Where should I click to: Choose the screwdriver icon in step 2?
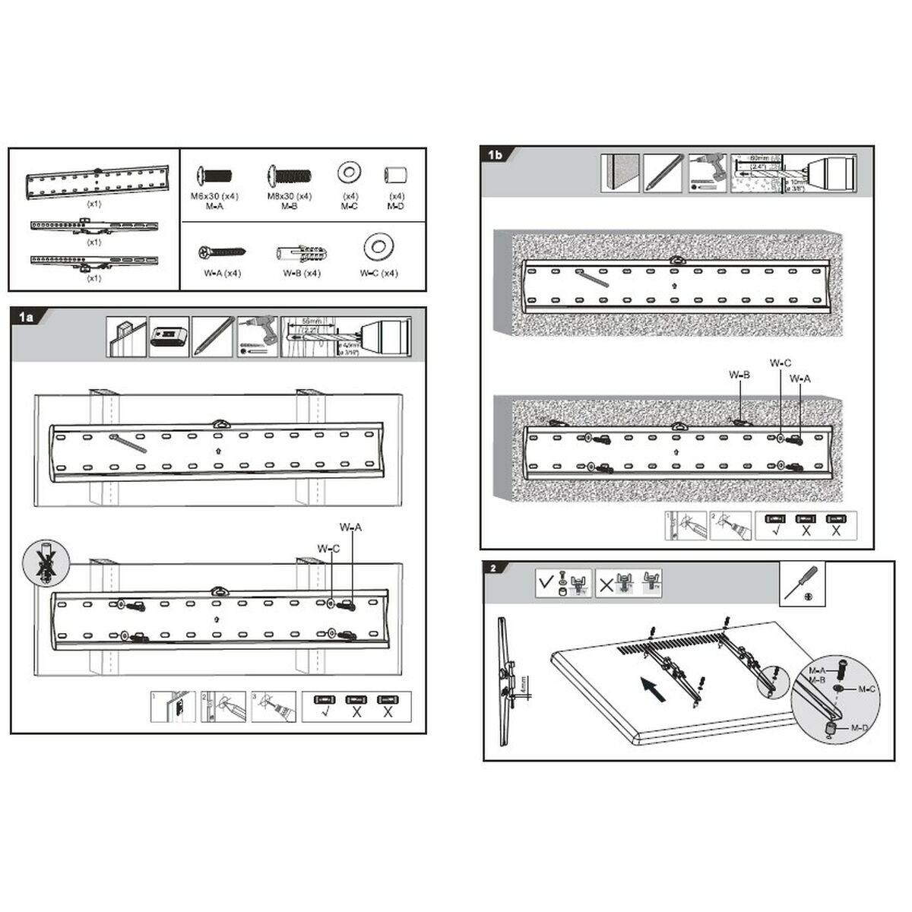[803, 584]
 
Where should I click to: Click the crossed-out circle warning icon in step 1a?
[44, 564]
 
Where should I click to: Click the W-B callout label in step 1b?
[739, 375]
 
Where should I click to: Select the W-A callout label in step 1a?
[350, 527]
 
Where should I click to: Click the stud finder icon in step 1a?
[169, 337]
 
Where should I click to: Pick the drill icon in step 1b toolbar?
[707, 173]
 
